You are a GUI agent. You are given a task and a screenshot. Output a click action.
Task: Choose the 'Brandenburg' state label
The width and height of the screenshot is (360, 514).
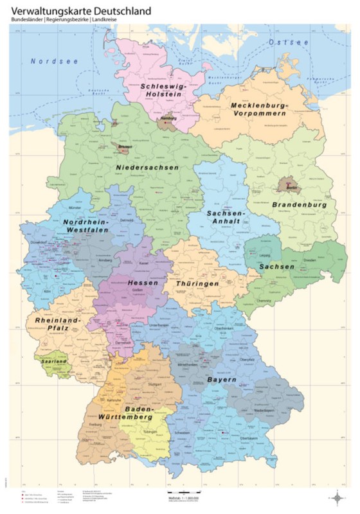[300, 205]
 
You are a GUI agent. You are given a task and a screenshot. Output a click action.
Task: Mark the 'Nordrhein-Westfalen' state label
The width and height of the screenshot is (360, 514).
[86, 226]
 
